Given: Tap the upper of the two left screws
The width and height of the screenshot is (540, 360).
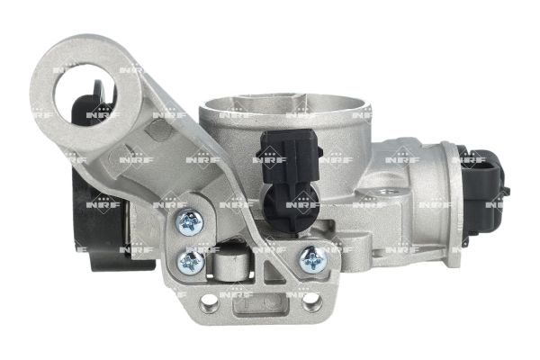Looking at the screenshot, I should tap(189, 222).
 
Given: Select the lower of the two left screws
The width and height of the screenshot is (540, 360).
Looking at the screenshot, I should tap(191, 262).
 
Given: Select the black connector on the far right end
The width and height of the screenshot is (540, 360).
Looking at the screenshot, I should tap(485, 188).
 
